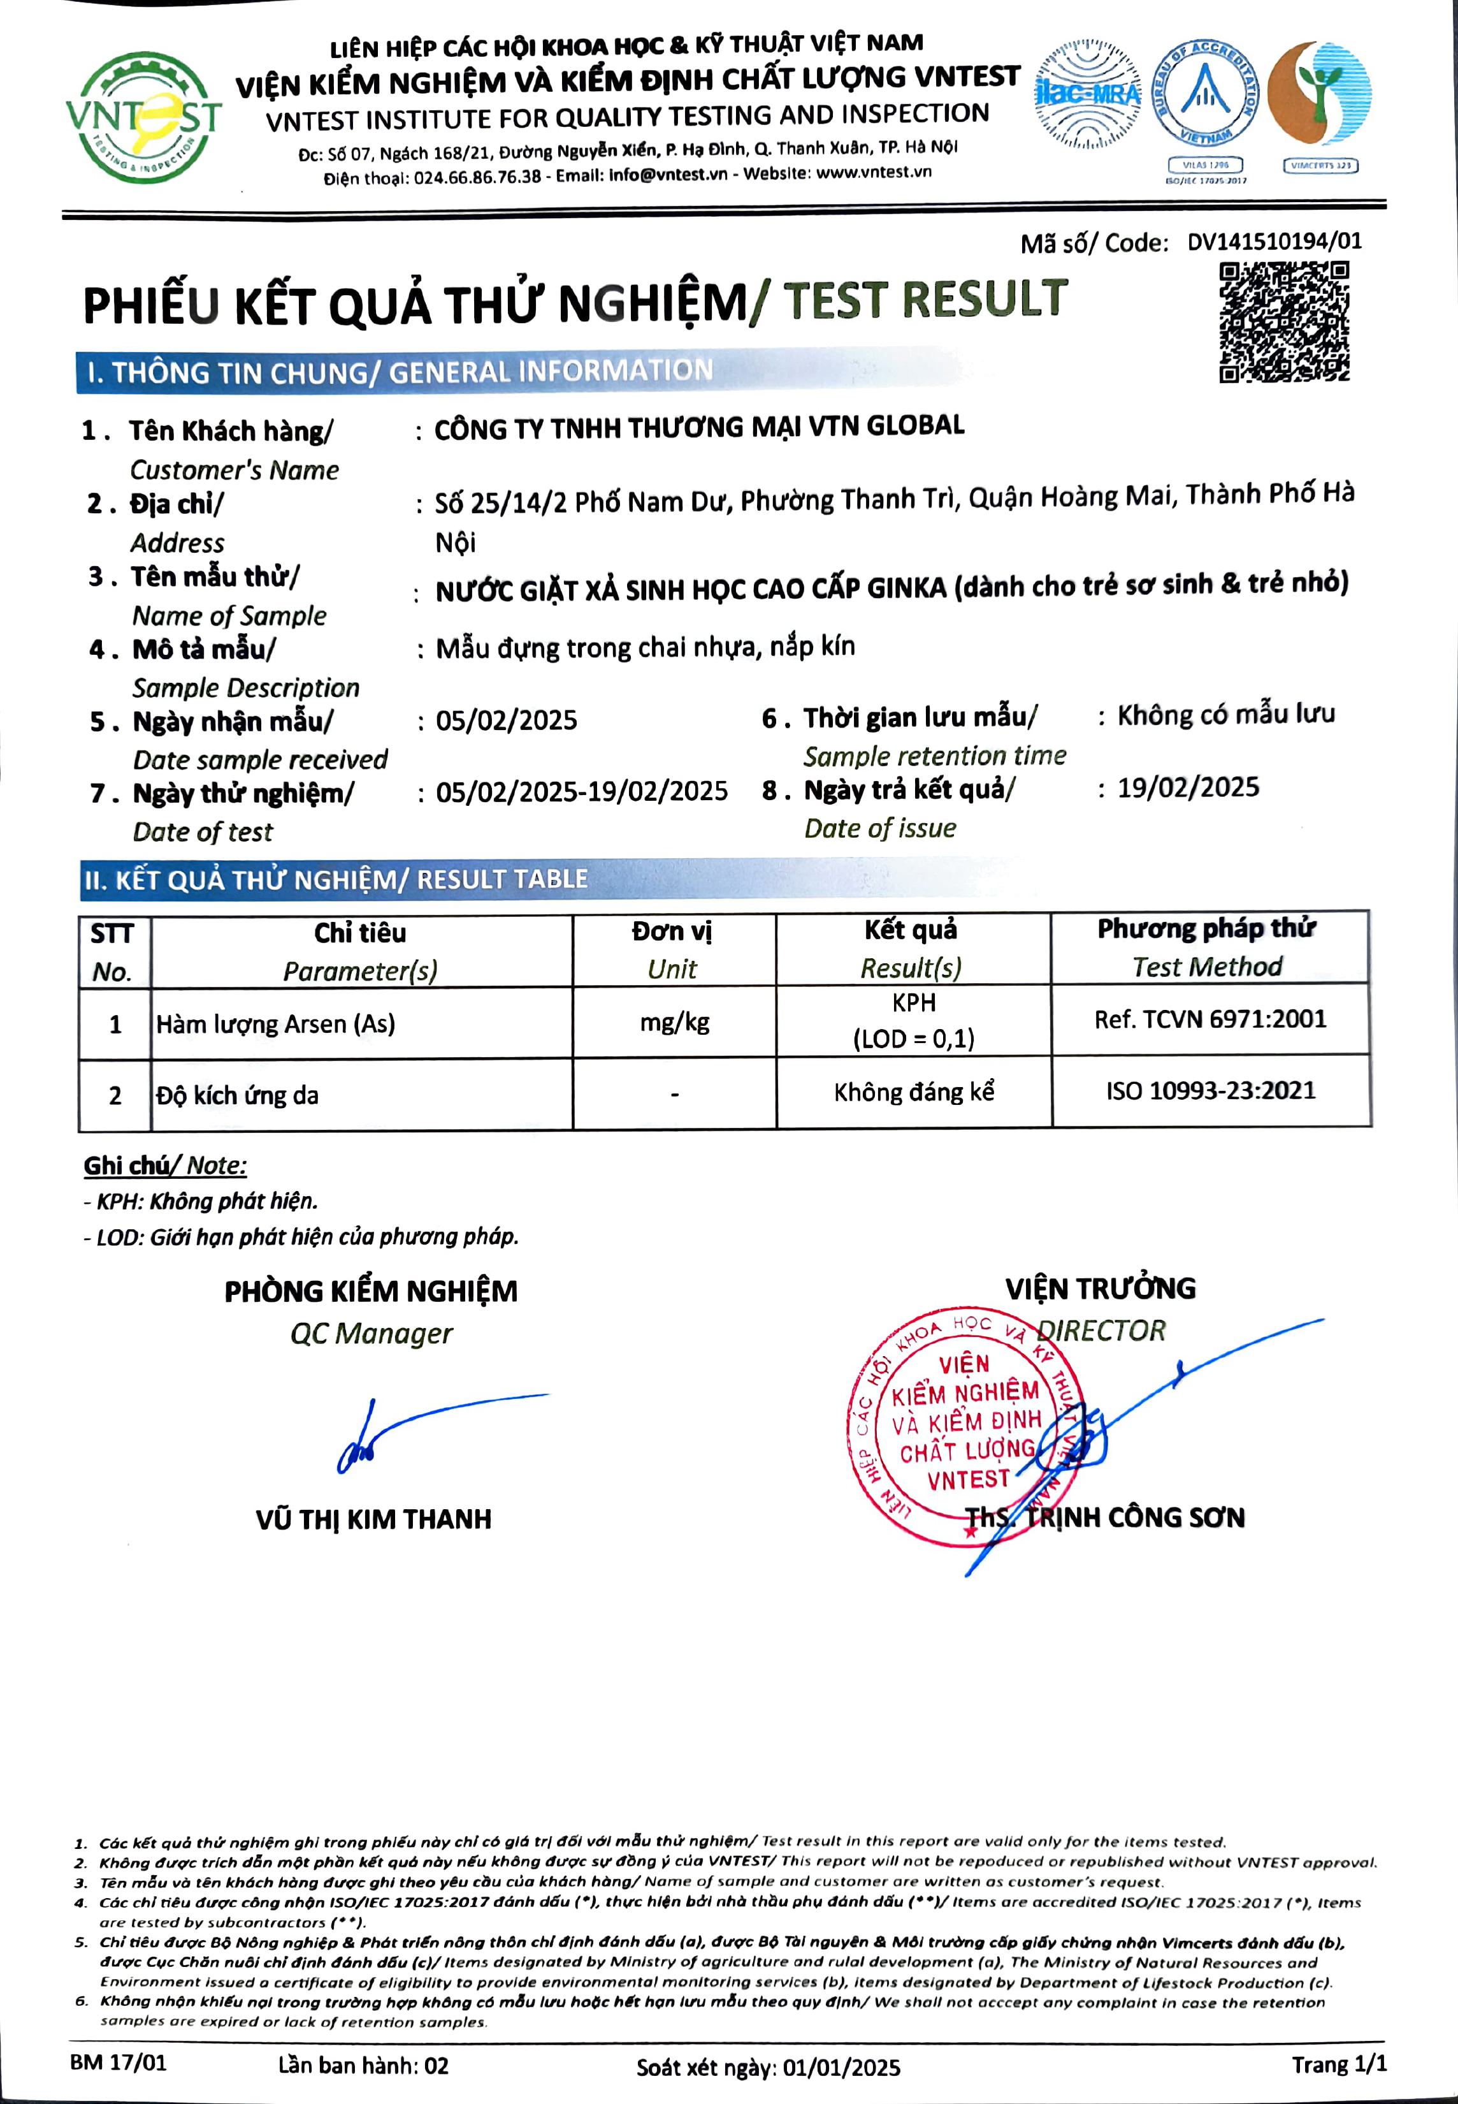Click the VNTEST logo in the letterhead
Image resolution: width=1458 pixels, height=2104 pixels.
point(143,118)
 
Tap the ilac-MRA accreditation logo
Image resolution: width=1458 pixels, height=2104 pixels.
point(1087,95)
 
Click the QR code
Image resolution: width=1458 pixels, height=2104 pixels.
point(1285,322)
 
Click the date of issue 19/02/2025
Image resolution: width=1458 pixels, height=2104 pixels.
point(1188,788)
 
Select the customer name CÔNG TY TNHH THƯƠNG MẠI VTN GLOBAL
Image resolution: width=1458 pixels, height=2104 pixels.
point(699,427)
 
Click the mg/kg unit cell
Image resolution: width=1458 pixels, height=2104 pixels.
point(674,1022)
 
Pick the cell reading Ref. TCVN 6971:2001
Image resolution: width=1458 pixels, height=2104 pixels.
point(1209,1019)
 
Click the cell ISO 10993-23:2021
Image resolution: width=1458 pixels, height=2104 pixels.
point(1210,1090)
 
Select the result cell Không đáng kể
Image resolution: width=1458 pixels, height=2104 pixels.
point(914,1092)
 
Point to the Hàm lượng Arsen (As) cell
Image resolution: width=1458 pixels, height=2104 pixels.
point(276,1024)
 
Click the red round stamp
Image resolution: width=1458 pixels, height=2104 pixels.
point(964,1429)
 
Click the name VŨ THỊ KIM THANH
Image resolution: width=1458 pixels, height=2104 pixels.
point(373,1519)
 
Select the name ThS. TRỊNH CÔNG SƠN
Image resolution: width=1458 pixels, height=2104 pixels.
point(1106,1518)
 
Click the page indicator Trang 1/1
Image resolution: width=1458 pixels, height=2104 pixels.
point(1338,2064)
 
